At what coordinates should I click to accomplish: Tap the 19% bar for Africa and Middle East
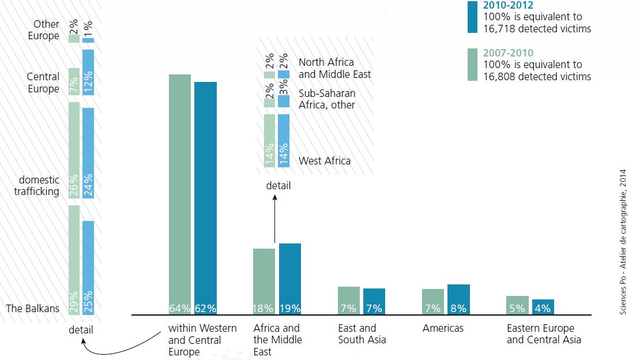pos(290,279)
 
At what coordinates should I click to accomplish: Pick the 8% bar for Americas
pos(458,299)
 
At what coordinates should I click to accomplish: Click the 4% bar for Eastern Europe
pos(543,307)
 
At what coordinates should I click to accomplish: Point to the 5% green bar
pos(517,305)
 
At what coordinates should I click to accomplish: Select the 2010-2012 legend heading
pos(508,6)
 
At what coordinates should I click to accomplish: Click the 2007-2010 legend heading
pos(509,52)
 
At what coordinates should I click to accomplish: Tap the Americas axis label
pos(443,328)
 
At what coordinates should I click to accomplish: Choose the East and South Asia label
pos(362,334)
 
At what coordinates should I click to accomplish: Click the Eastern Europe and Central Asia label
pos(544,334)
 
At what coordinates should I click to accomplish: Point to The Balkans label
pos(33,308)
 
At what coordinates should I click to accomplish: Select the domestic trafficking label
pos(37,186)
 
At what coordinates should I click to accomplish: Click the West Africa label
pos(325,161)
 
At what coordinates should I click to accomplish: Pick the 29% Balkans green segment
pos(74,260)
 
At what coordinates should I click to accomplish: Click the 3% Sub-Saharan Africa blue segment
pos(283,102)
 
